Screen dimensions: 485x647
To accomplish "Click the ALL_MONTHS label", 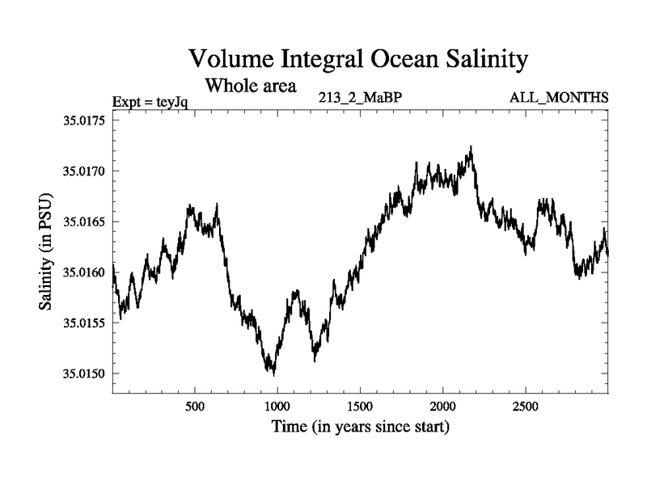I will click(559, 99).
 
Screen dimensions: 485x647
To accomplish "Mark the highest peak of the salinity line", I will click(471, 147).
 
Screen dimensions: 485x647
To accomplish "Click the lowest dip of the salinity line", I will click(274, 375).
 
